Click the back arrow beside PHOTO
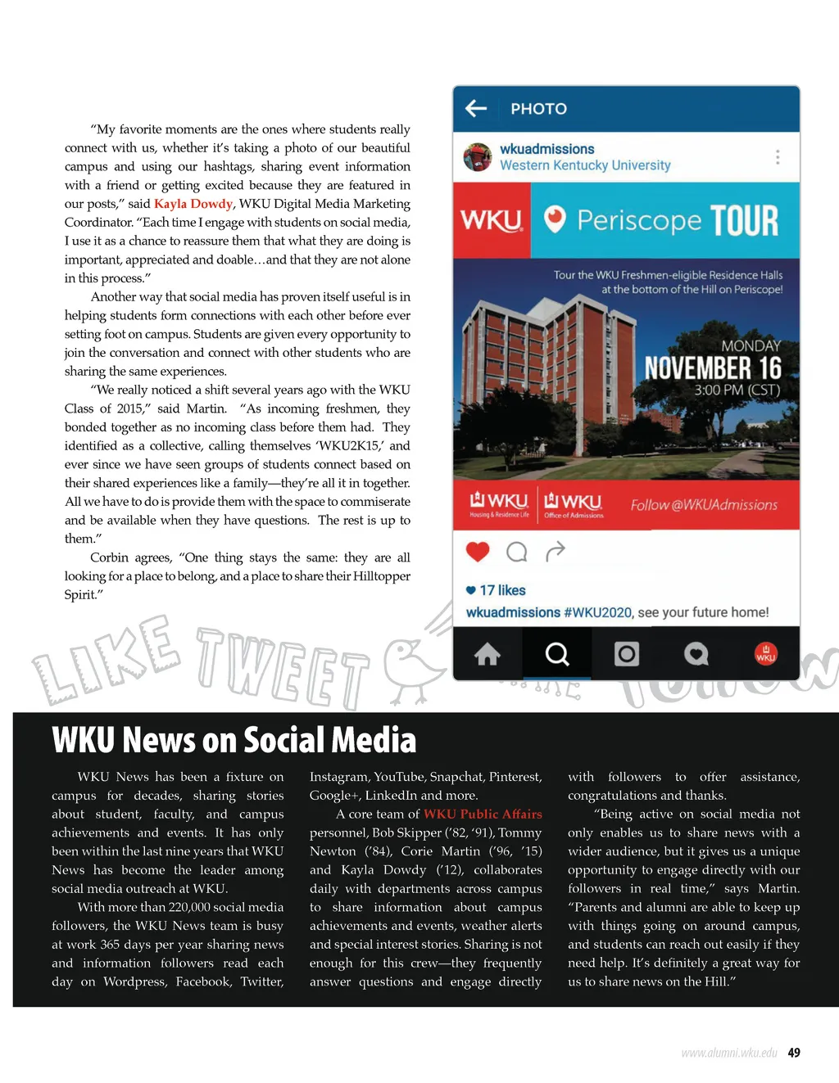pos(476,109)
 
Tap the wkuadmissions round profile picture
pos(478,156)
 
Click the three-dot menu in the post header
pos(777,156)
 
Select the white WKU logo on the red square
pos(492,220)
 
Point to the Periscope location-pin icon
pos(555,219)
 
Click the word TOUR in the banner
pos(744,221)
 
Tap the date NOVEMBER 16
pos(713,368)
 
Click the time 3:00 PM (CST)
pos(737,390)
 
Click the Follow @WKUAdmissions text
pos(704,505)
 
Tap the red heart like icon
pos(478,552)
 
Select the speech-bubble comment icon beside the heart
pos(517,552)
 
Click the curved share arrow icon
pos(556,552)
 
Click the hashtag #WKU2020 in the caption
pos(597,612)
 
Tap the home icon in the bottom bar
pos(488,654)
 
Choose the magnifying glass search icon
pos(557,654)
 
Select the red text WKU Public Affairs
pos(483,815)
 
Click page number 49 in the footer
pos(794,1053)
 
